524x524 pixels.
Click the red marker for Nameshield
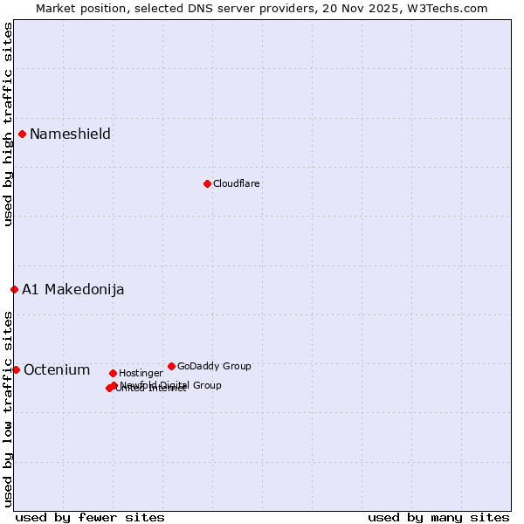[22, 134]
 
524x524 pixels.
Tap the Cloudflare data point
[207, 183]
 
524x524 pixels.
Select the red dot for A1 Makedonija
[14, 289]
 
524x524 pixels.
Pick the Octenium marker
[16, 369]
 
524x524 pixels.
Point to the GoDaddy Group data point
[171, 366]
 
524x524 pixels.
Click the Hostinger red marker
[113, 373]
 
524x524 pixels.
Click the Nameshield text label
[70, 134]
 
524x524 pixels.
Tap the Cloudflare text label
[236, 183]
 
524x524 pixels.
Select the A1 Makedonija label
[73, 289]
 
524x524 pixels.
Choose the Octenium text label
[57, 369]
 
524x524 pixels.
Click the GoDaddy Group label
[214, 366]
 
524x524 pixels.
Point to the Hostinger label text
[141, 373]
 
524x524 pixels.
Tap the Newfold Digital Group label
[171, 385]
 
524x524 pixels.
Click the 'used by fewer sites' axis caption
[90, 517]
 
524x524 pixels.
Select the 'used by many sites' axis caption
[438, 517]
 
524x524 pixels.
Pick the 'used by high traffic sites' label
[8, 124]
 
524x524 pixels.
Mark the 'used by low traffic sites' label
[8, 408]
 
